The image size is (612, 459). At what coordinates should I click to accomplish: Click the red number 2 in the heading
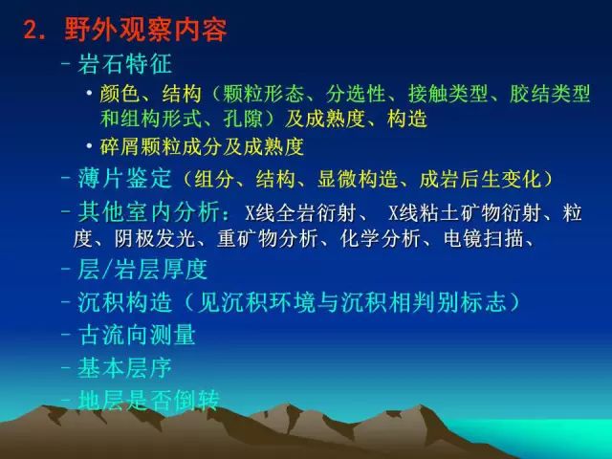[x=32, y=30]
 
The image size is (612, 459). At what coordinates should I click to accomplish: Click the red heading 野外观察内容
[x=145, y=29]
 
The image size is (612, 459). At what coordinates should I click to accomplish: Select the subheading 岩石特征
[x=124, y=64]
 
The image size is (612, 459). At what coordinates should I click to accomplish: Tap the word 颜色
[x=119, y=94]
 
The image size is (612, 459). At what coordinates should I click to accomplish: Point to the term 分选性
[x=356, y=94]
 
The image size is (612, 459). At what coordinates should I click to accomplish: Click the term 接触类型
[x=448, y=94]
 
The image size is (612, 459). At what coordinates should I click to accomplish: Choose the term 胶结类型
[x=550, y=94]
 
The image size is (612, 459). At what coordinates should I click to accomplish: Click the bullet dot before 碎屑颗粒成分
[x=90, y=146]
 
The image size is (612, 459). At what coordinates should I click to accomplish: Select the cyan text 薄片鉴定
[x=124, y=179]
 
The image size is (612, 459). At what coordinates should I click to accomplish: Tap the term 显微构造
[x=357, y=179]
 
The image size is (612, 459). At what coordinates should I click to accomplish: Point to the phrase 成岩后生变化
[x=480, y=179]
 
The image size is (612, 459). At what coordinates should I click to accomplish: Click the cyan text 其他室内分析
[x=148, y=211]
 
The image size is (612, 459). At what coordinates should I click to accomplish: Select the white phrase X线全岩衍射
[x=299, y=212]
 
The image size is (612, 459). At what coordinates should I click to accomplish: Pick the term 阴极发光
[x=154, y=238]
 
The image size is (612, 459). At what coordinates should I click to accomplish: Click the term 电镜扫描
[x=483, y=238]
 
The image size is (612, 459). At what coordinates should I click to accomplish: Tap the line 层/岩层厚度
[x=142, y=270]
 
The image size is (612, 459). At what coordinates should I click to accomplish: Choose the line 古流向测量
[x=137, y=335]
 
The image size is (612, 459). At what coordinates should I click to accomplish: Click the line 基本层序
[x=124, y=367]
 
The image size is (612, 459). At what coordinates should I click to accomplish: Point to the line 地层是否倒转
[x=148, y=400]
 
